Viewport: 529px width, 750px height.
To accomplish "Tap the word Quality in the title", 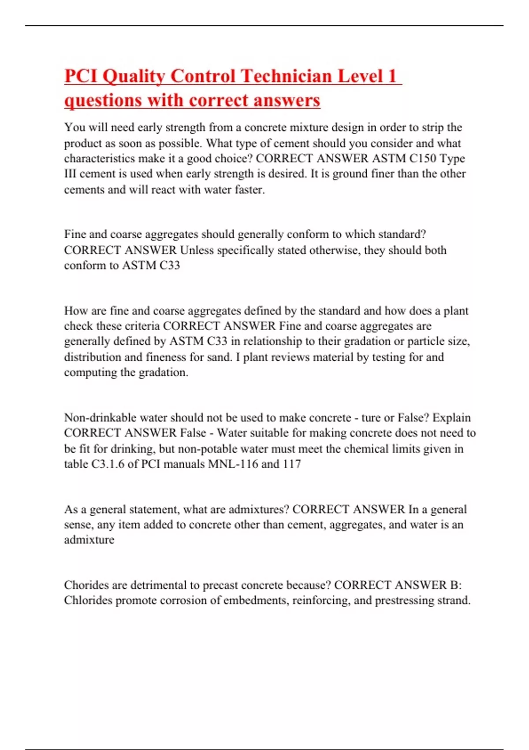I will coord(133,76).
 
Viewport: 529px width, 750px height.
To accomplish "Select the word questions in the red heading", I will coord(103,100).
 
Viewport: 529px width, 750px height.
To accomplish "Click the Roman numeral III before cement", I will coord(70,174).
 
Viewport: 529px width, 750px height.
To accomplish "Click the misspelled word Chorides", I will coord(86,585).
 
